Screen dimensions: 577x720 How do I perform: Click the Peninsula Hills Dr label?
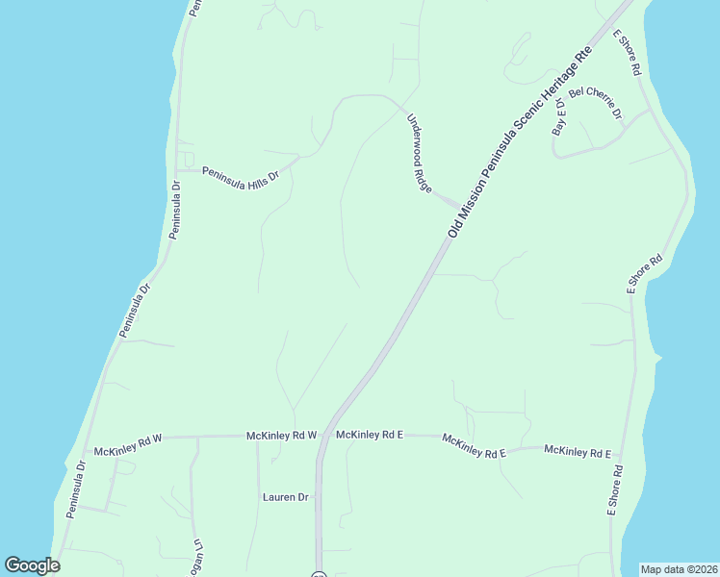click(241, 175)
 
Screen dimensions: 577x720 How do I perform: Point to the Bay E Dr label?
click(559, 115)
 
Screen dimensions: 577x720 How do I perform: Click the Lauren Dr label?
click(285, 497)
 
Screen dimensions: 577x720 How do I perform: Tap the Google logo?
click(32, 565)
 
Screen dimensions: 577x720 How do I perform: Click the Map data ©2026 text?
click(680, 569)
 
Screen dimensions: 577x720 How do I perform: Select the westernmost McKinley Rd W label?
click(128, 445)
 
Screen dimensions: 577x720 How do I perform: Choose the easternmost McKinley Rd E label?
click(578, 451)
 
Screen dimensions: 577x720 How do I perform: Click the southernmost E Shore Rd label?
click(614, 491)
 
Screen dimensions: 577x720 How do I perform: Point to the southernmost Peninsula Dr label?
click(76, 490)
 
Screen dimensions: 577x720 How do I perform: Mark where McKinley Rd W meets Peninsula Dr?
click(85, 452)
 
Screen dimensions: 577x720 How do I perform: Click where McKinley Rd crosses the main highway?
click(325, 436)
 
